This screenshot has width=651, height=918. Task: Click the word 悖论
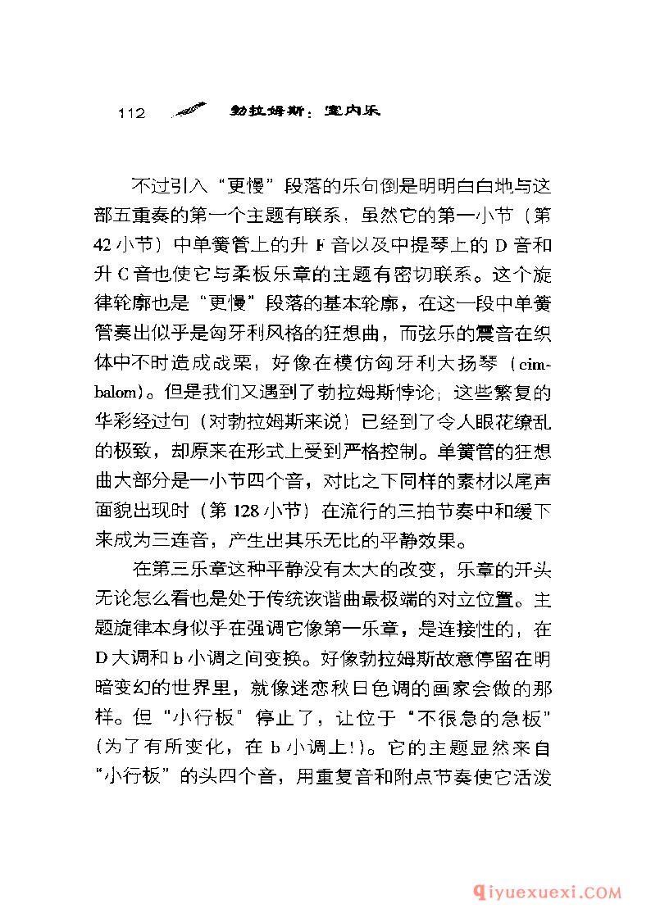(381, 396)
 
